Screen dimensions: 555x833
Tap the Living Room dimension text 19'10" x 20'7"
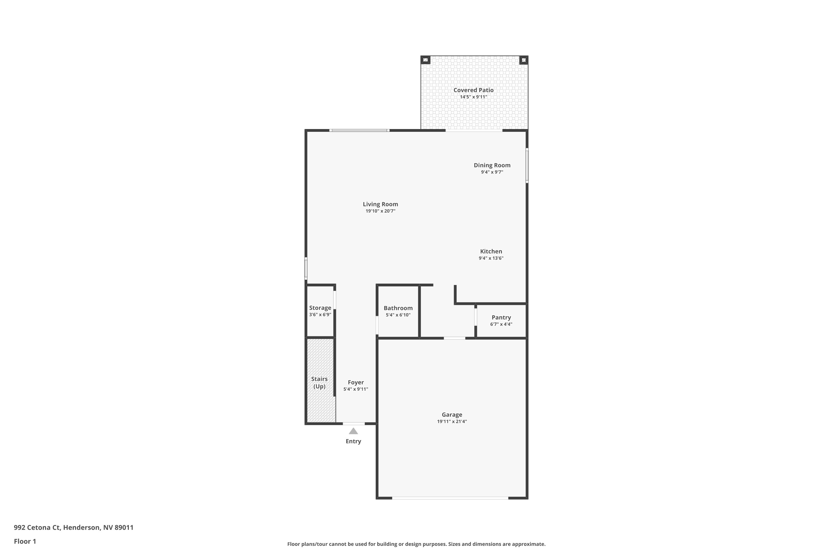380,211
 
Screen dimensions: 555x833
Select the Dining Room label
492,165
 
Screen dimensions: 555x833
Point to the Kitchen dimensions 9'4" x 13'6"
491,258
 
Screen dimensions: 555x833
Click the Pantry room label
501,317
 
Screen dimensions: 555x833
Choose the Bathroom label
398,308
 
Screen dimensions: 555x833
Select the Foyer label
356,382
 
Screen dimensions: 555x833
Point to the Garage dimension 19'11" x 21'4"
452,422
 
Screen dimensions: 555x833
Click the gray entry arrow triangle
353,431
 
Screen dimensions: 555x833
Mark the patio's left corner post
425,60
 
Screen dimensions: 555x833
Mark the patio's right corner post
523,60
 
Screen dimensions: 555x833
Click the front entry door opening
353,424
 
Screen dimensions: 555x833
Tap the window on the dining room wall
527,166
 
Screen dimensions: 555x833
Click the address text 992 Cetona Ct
37,528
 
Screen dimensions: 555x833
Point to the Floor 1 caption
25,541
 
